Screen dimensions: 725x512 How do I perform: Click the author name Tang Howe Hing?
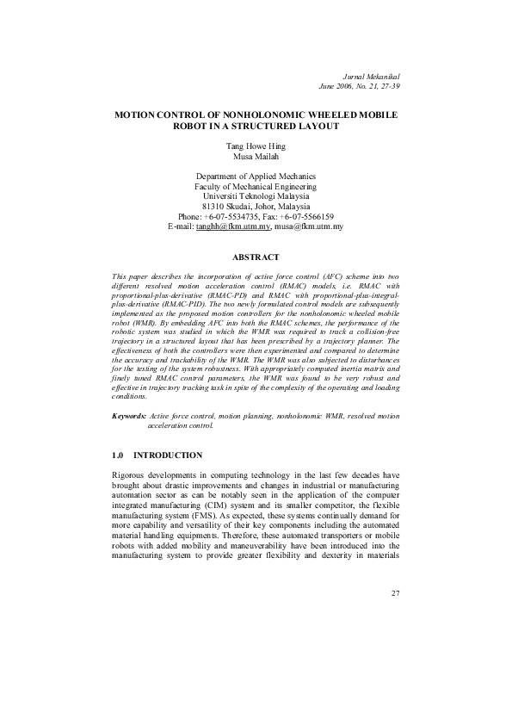(x=256, y=147)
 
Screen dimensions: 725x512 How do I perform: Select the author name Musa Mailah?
(x=256, y=157)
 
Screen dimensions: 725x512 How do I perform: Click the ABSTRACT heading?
(x=256, y=257)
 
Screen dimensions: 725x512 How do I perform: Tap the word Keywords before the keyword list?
(x=129, y=416)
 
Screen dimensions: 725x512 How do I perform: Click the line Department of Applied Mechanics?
(x=256, y=176)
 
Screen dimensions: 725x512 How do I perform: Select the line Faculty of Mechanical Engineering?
(x=256, y=185)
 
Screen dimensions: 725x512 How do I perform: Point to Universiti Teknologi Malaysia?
(x=256, y=195)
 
